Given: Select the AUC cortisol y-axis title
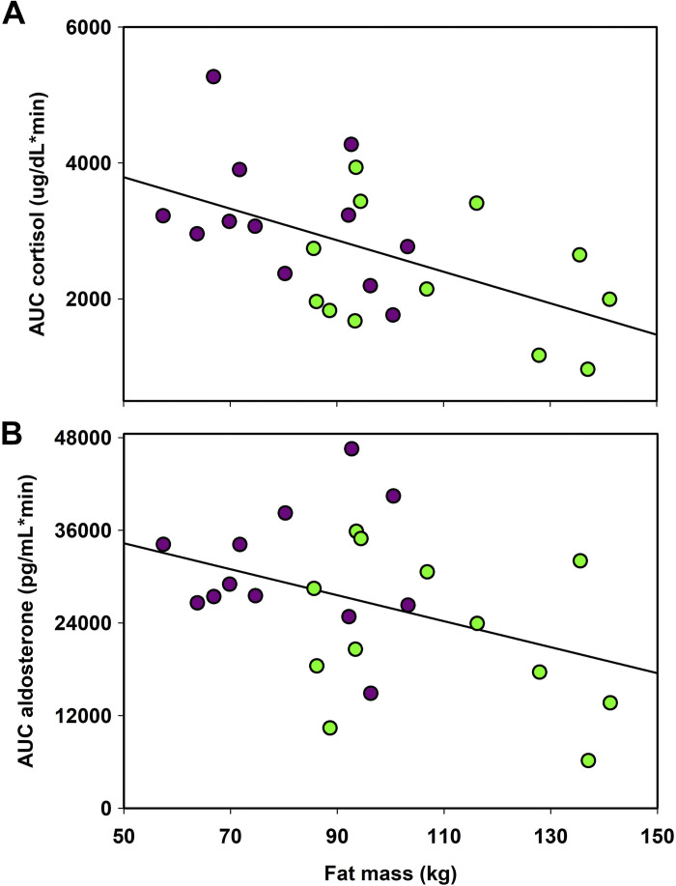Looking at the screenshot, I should [x=34, y=214].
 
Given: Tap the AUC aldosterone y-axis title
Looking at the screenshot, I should [x=34, y=622].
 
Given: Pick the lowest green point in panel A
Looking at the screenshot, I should [x=587, y=369].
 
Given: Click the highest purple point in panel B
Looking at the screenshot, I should [x=352, y=448].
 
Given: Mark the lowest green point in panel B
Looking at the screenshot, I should [x=588, y=760].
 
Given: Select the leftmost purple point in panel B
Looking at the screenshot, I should [x=163, y=544].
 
